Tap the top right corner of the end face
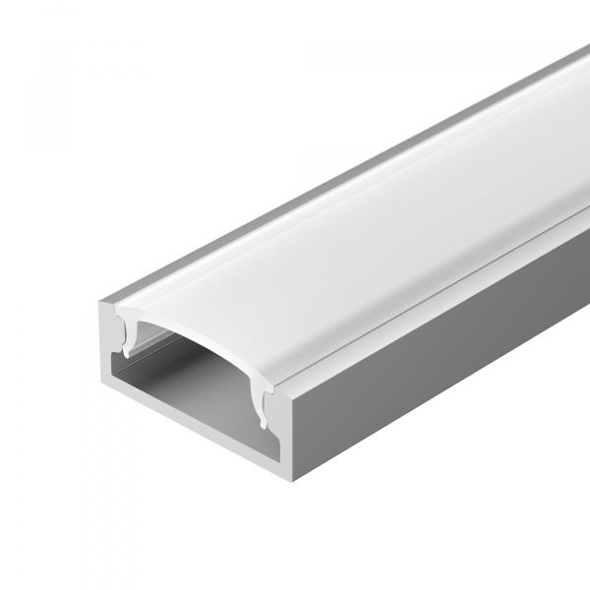(285, 378)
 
